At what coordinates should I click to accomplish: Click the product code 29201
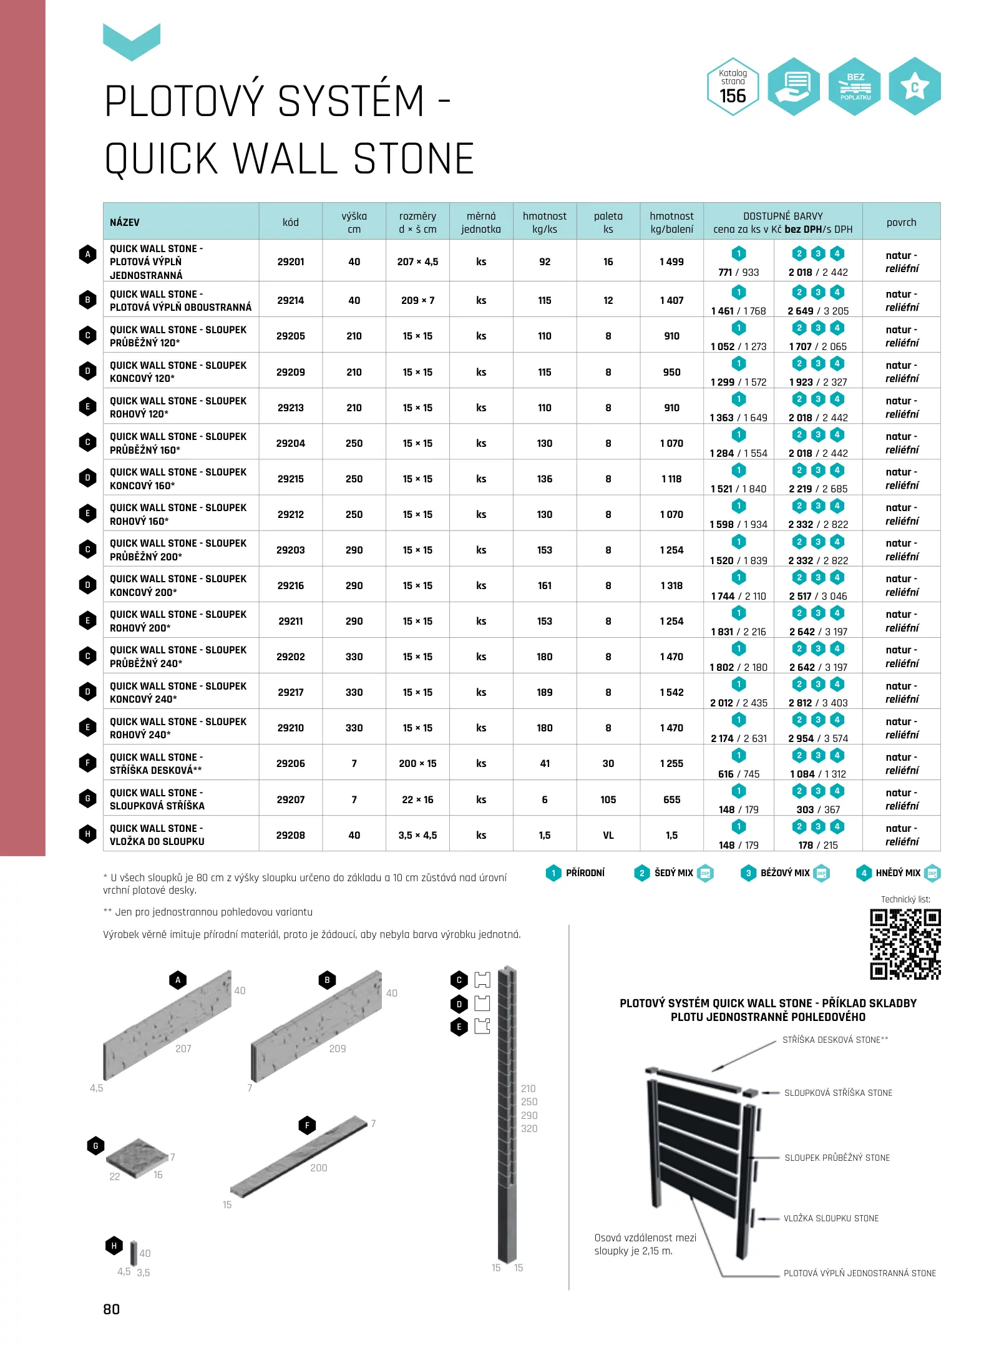[291, 261]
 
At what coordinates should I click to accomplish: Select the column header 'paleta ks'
[608, 222]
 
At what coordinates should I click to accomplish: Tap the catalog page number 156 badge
[733, 87]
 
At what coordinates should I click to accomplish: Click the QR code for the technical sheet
[905, 944]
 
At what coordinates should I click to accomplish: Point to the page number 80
[112, 1309]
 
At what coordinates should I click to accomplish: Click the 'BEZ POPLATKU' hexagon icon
[855, 87]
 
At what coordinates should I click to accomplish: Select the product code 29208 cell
[291, 835]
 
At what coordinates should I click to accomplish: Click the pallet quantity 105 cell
[608, 799]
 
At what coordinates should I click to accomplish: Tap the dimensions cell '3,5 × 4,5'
[417, 835]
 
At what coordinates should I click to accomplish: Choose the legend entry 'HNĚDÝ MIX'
[897, 873]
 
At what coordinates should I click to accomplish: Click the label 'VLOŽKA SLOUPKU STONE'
[831, 1218]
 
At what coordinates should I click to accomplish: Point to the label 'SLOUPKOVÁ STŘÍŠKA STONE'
[838, 1093]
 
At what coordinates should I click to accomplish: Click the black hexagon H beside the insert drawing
[114, 1246]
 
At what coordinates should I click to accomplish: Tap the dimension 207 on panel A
[183, 1048]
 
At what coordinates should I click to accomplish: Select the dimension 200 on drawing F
[319, 1168]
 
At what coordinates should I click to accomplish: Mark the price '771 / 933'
[738, 272]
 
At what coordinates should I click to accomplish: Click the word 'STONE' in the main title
[414, 159]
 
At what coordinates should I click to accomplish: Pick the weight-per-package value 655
[671, 799]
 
